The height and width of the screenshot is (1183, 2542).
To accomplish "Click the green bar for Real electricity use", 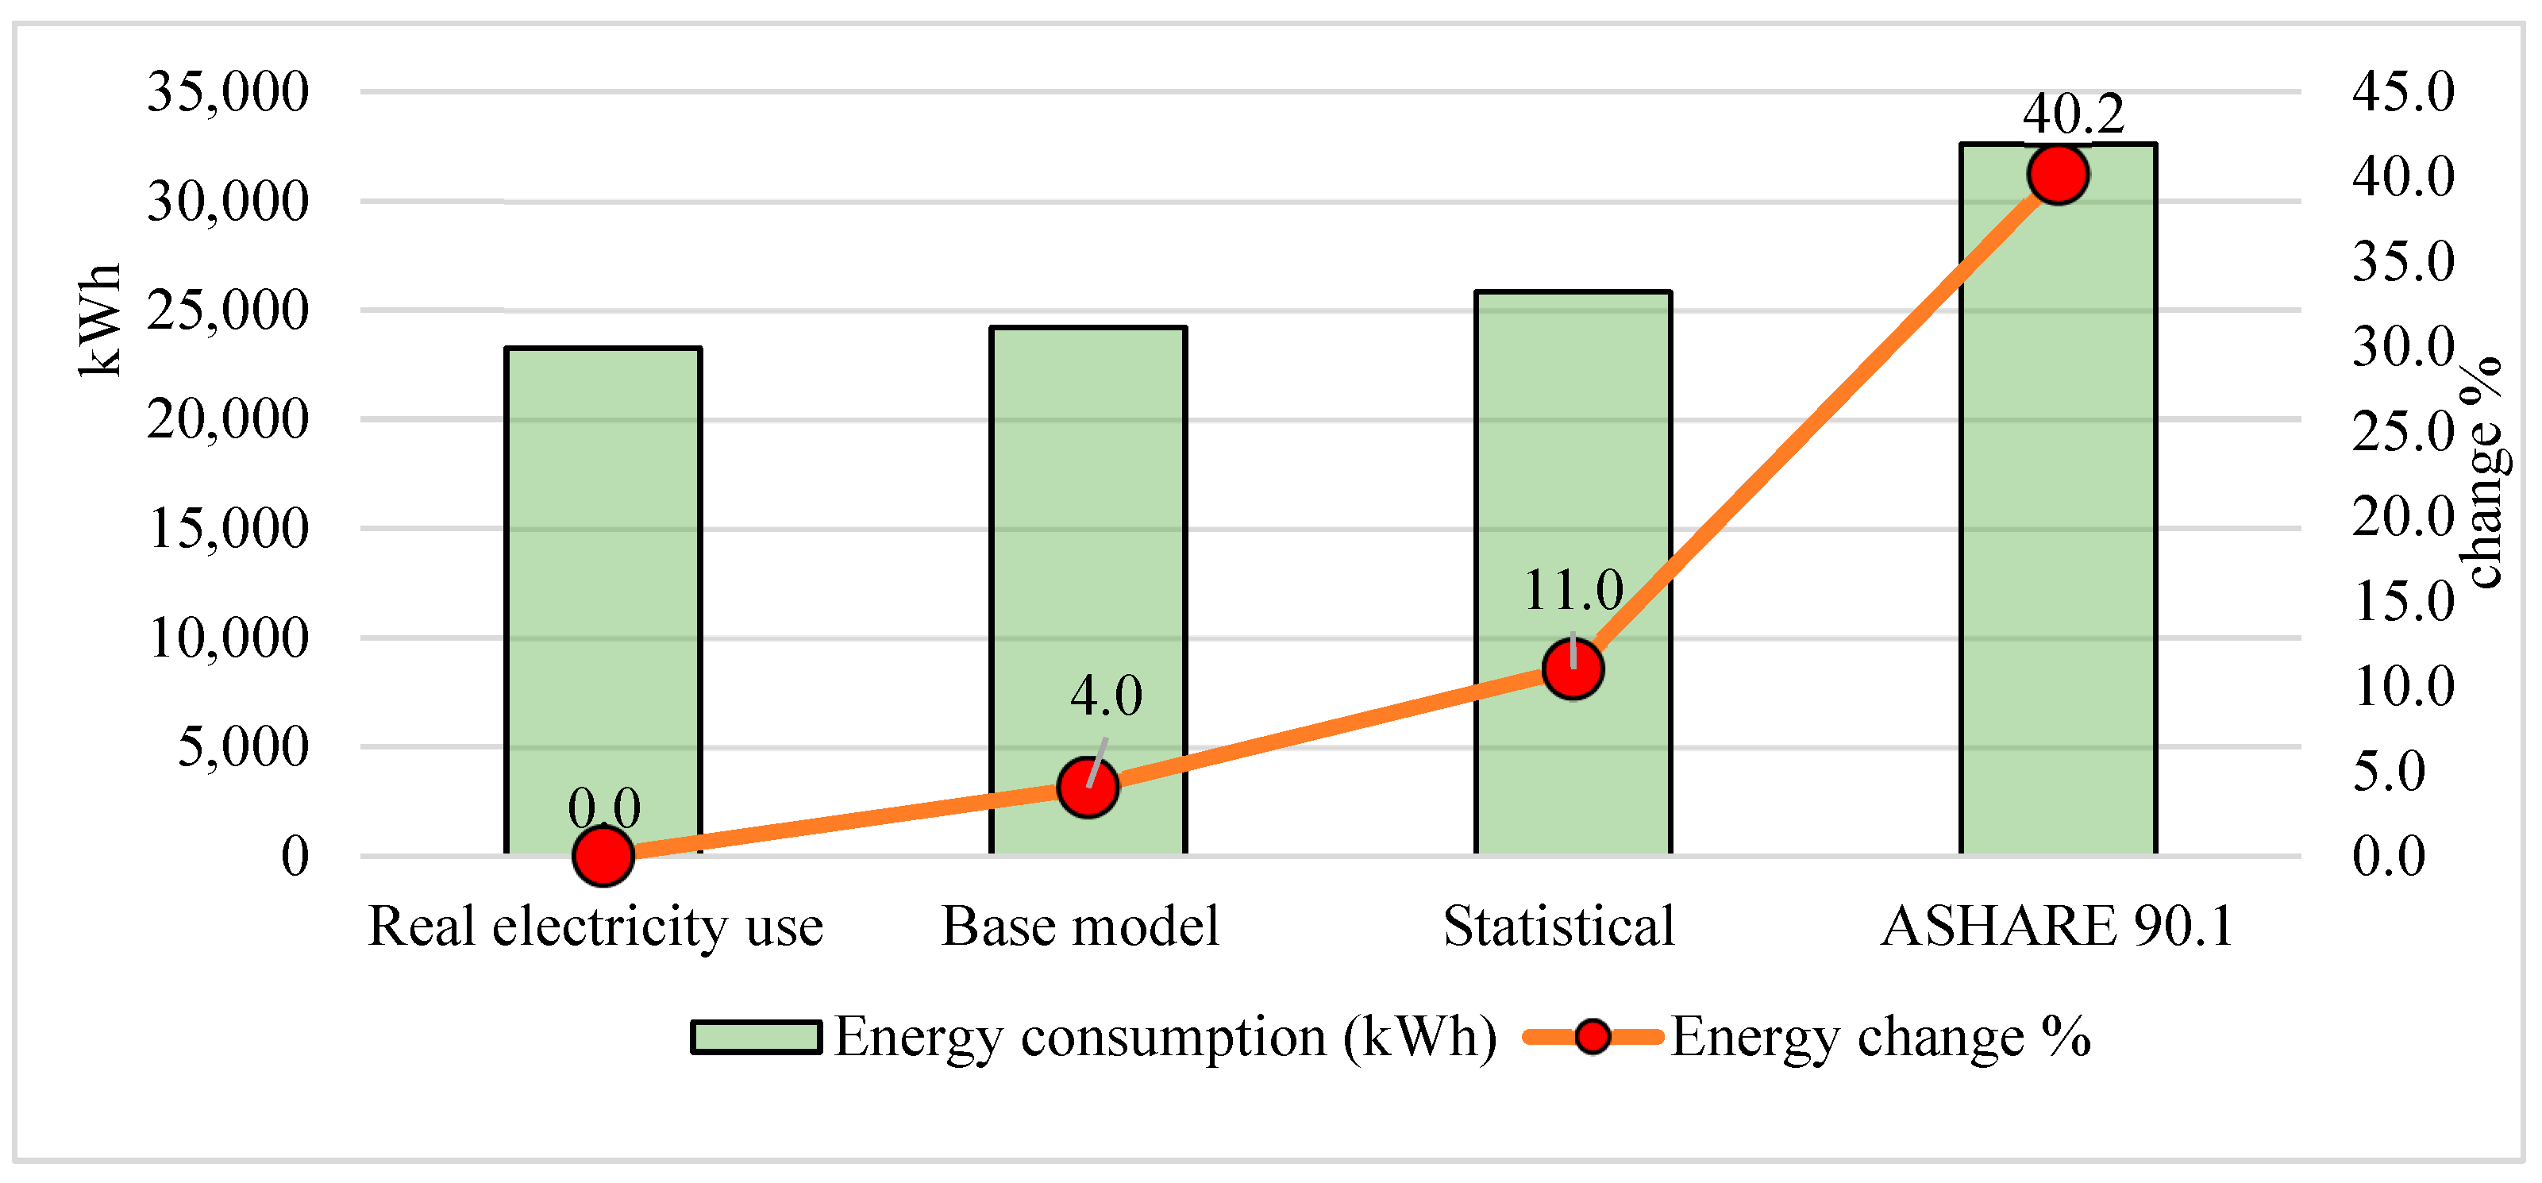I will click(x=603, y=592).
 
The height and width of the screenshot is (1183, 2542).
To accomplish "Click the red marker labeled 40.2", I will click(x=2058, y=175).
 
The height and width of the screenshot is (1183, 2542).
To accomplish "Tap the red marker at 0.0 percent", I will click(x=603, y=855).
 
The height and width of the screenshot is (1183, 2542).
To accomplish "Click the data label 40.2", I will click(x=2072, y=114).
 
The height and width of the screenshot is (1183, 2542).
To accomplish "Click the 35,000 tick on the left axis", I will click(x=228, y=92).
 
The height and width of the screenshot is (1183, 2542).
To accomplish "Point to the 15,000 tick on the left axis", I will click(x=228, y=529).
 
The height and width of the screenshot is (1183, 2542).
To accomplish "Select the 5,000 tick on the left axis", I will click(x=243, y=747).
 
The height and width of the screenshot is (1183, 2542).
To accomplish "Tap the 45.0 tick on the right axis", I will click(x=2403, y=92).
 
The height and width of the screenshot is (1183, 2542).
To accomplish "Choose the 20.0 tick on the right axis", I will click(x=2403, y=516).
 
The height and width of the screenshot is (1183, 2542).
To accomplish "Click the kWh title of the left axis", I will click(x=100, y=321).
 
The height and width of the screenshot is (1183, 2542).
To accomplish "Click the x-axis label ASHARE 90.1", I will click(x=2058, y=927).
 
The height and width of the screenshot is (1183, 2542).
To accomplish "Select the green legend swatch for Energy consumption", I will click(x=756, y=1038).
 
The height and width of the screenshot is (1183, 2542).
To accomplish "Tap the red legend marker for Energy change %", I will click(x=1592, y=1037).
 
